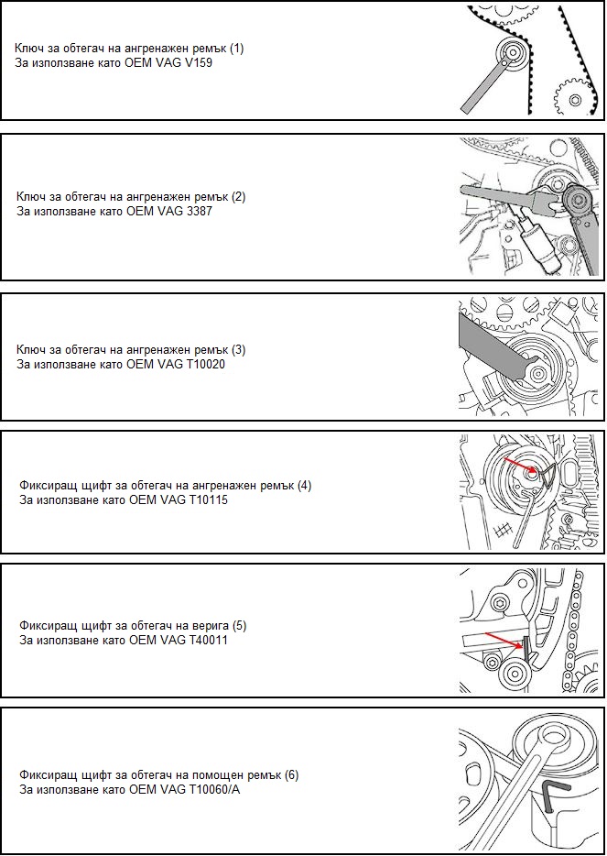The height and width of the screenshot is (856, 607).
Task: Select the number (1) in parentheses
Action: (x=236, y=48)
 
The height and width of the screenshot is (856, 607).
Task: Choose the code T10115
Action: (x=207, y=499)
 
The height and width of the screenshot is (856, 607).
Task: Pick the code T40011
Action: (x=207, y=640)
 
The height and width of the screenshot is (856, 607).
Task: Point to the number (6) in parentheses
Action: (x=292, y=774)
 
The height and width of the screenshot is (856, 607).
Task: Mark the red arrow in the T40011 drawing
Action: (x=503, y=641)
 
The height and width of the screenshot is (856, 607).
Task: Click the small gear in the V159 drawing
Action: (x=574, y=99)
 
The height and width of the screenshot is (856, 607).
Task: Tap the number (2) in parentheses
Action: (x=238, y=196)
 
